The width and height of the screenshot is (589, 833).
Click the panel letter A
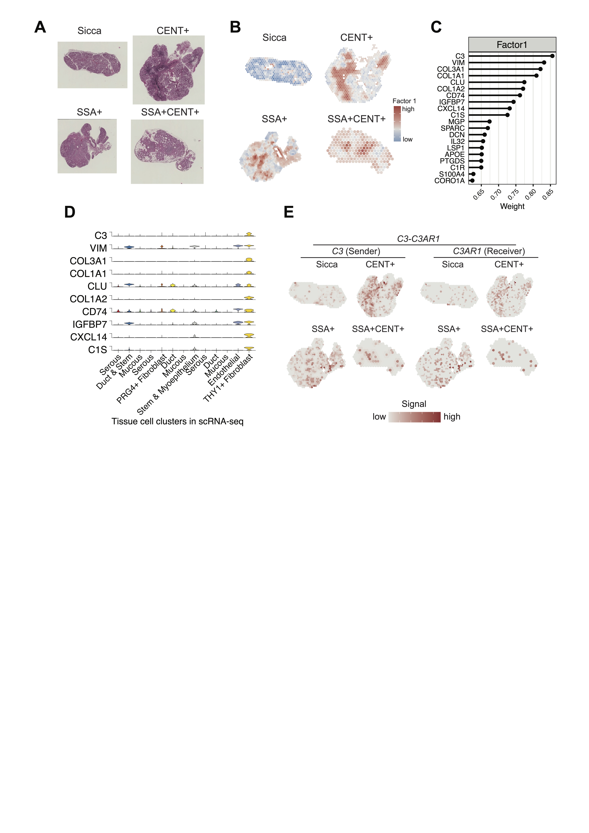(40, 27)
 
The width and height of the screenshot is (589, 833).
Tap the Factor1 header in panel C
(512, 45)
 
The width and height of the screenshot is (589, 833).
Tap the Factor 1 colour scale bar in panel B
(397, 123)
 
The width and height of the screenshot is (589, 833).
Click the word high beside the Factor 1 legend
(408, 109)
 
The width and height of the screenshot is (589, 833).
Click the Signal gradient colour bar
(414, 417)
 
